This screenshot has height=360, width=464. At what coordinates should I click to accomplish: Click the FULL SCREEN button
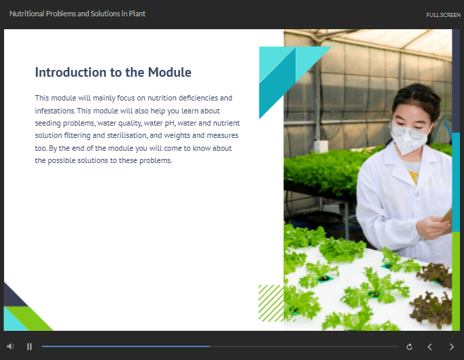(x=443, y=15)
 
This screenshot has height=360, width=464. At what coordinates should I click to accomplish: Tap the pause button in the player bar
(x=29, y=346)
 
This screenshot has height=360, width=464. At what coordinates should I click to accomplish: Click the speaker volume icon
(x=11, y=346)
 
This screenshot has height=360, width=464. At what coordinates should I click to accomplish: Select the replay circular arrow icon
(x=410, y=346)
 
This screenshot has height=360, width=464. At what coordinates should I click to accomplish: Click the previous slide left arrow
(x=429, y=346)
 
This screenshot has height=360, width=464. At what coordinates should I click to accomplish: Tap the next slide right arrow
(x=452, y=346)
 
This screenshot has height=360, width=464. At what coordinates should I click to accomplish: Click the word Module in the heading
(x=170, y=72)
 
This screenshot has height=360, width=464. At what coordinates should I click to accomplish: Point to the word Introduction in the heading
(x=71, y=72)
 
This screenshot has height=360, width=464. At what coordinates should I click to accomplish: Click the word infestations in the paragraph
(x=55, y=111)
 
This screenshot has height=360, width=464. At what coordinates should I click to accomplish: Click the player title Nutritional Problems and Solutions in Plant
(x=77, y=14)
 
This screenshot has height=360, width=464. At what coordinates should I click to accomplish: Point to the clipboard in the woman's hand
(x=447, y=218)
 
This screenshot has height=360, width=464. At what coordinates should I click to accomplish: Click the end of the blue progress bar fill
(x=210, y=346)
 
